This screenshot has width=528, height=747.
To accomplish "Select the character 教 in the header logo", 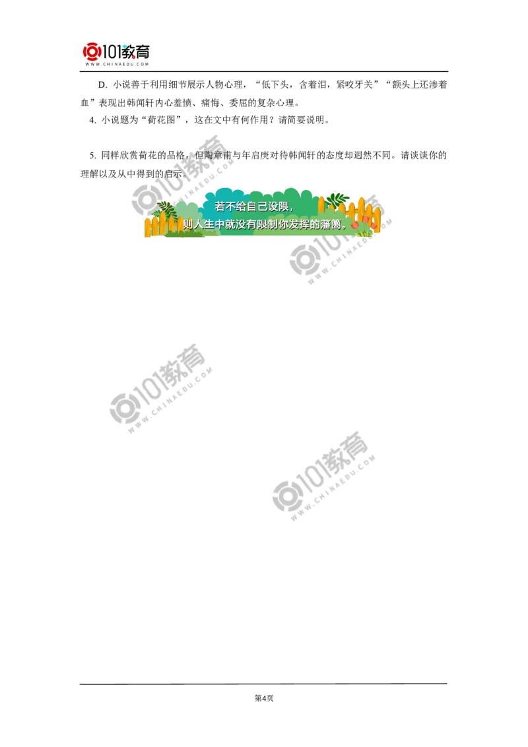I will click(129, 51).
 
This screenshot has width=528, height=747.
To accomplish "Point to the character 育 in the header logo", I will click(143, 51).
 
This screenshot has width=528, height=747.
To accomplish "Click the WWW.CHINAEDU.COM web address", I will click(116, 64).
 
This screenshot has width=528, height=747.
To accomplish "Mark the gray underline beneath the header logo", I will click(116, 73).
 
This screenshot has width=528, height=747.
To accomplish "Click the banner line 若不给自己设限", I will click(255, 207).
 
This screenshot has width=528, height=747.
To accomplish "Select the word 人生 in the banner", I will click(206, 224).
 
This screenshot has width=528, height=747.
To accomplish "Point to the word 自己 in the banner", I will click(259, 207).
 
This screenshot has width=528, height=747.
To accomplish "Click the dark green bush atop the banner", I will click(337, 199).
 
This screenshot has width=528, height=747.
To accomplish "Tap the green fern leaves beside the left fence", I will click(165, 210).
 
